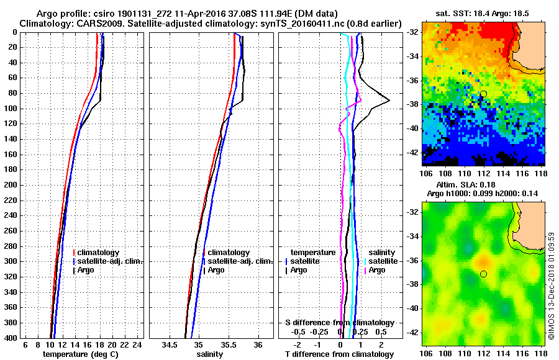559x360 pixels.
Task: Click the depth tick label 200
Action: [x=9, y=185]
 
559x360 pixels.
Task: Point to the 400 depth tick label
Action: [x=9, y=338]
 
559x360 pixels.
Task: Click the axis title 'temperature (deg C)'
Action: [x=80, y=354]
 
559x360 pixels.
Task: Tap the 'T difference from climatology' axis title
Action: [x=339, y=354]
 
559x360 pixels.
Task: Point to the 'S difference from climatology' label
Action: [x=339, y=323]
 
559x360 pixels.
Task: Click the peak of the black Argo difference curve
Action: [x=389, y=101]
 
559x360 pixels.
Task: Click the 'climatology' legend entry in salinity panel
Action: [x=229, y=253]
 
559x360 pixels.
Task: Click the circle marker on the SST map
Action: [x=484, y=94]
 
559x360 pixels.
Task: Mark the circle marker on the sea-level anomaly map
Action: [x=484, y=274]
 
